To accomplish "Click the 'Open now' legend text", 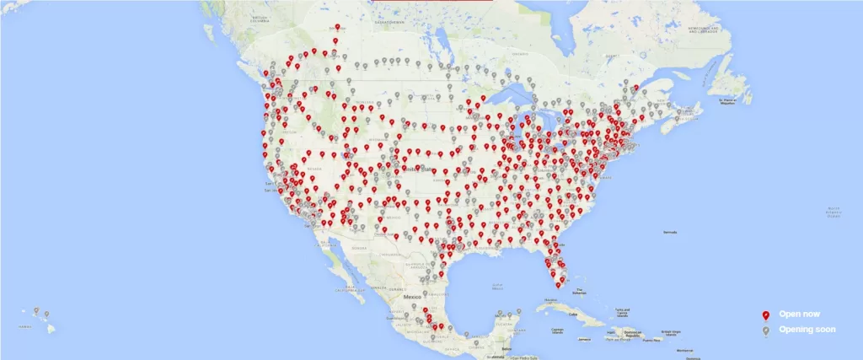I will coord(799,314).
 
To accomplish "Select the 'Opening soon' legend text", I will coord(807,329).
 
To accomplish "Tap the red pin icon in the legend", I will coord(765,314).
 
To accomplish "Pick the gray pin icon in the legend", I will coord(765,330).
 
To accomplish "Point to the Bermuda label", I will coord(671,231).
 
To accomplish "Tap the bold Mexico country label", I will coord(412,298).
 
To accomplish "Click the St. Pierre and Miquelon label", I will coord(733,101).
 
